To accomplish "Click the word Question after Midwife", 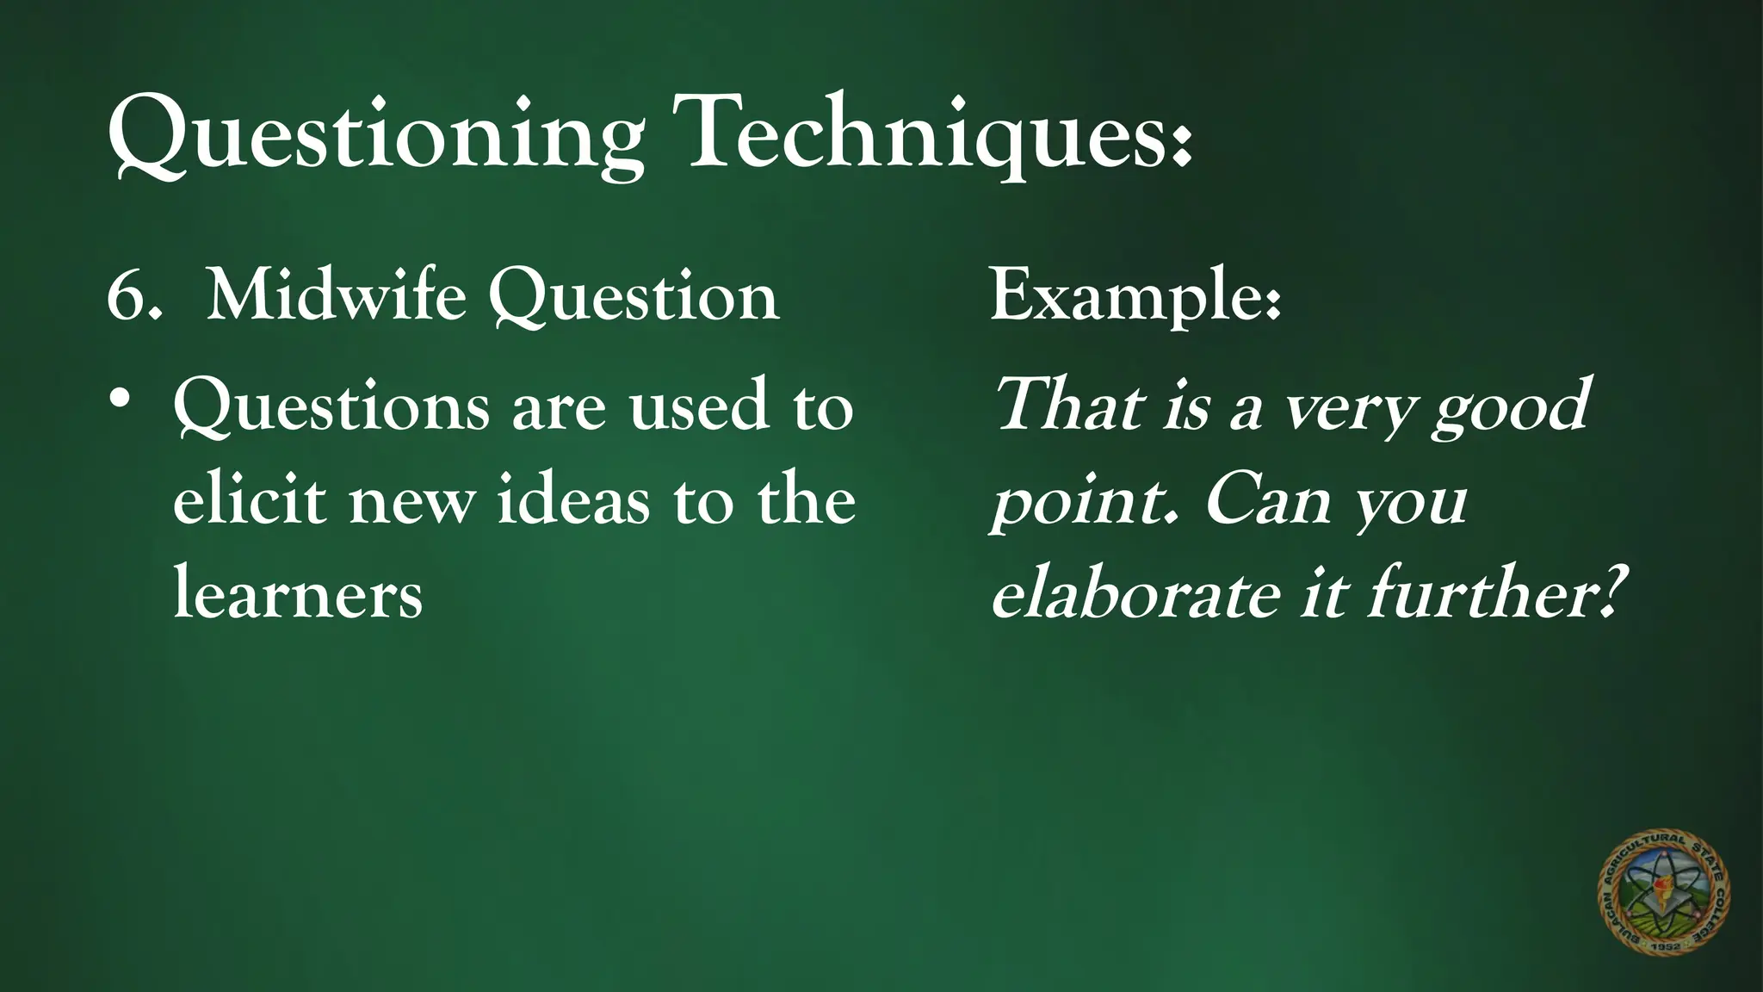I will click(x=634, y=297).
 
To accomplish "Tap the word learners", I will click(x=298, y=593).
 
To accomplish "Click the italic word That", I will click(x=1068, y=405).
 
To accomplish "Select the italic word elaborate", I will click(x=1136, y=593).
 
